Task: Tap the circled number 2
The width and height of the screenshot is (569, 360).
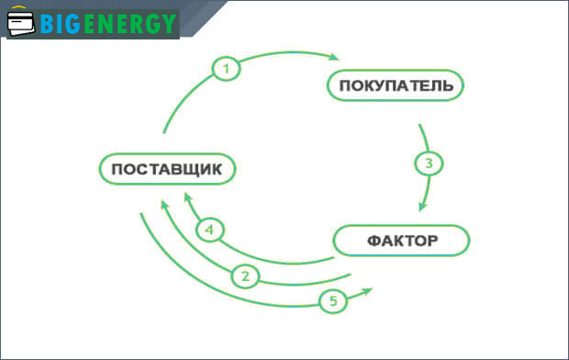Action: (x=245, y=275)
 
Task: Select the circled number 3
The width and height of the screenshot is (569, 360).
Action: (x=428, y=164)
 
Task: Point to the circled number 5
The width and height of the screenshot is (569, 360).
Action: (x=334, y=300)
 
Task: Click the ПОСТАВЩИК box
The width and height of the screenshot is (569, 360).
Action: (x=167, y=170)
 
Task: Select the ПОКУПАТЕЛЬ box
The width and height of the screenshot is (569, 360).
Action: (x=396, y=86)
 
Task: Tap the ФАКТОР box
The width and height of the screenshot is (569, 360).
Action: (x=402, y=241)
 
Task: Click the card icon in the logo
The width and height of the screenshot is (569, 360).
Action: (x=21, y=24)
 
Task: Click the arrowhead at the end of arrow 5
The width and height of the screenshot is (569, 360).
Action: (x=368, y=290)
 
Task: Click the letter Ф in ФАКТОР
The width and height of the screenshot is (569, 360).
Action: (x=374, y=242)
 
